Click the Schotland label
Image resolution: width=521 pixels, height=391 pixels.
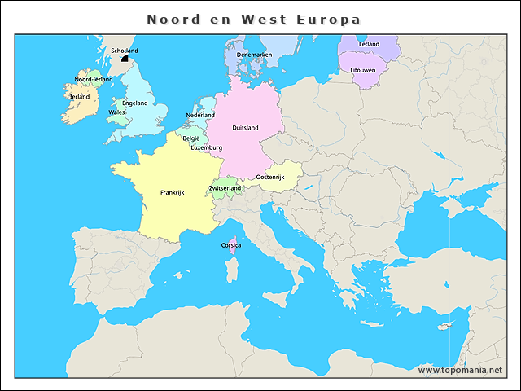(x=125, y=51)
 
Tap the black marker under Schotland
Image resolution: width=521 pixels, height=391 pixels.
(x=125, y=58)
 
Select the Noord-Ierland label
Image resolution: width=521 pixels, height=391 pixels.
(x=94, y=79)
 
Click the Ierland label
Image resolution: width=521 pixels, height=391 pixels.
(x=80, y=96)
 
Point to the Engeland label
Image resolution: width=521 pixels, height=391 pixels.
(x=135, y=103)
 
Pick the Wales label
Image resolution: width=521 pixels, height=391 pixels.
(x=117, y=112)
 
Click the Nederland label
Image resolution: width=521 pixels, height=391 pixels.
(x=200, y=116)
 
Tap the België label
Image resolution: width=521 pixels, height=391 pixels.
(x=191, y=138)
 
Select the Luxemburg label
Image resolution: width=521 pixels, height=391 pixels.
(x=206, y=147)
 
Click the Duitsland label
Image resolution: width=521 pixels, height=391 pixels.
(x=245, y=128)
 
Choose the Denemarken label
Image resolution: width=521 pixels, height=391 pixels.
(x=254, y=55)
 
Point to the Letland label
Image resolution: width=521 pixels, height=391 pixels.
(x=369, y=44)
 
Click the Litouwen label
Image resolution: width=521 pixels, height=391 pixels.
(x=363, y=70)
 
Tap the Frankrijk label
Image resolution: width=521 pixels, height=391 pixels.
(x=173, y=193)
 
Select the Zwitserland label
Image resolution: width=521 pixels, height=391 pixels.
(x=225, y=188)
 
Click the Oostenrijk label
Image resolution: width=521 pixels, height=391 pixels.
(x=269, y=177)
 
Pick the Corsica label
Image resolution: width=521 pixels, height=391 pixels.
(x=230, y=244)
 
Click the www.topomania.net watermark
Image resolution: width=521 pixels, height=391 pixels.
(x=460, y=370)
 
